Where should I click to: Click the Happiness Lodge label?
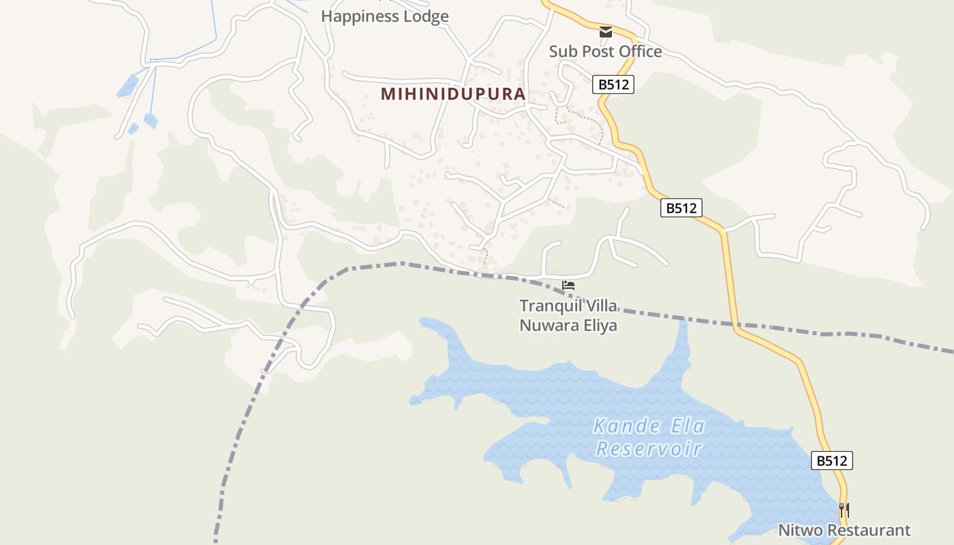point(384,16)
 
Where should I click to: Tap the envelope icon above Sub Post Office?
point(605,32)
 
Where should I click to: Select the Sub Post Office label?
point(605,52)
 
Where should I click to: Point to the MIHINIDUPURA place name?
point(453,94)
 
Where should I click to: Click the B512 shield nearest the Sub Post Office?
point(613,84)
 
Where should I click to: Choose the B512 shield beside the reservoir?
point(832,461)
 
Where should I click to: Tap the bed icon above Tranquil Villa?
point(568,285)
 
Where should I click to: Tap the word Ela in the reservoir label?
point(687,426)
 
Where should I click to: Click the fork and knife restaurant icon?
point(844,510)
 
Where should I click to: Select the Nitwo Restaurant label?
point(844,530)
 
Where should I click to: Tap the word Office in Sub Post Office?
point(637,52)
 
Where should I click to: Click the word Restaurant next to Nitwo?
point(867,530)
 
